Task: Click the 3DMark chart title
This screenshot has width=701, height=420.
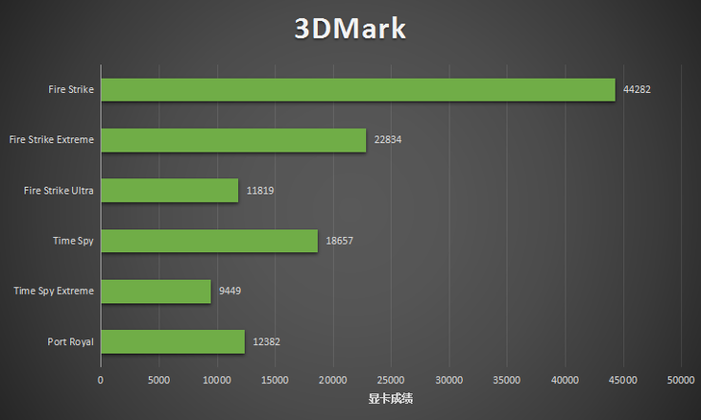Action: pyautogui.click(x=350, y=29)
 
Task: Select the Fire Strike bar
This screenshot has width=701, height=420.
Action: pyautogui.click(x=357, y=89)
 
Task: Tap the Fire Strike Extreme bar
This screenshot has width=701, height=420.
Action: pyautogui.click(x=233, y=140)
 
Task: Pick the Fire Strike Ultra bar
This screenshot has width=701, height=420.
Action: pyautogui.click(x=169, y=190)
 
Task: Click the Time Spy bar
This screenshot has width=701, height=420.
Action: pyautogui.click(x=209, y=241)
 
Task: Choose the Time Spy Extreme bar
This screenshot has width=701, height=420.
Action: pyautogui.click(x=156, y=291)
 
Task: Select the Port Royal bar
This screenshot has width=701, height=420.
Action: pyautogui.click(x=173, y=341)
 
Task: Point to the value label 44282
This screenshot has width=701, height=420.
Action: pyautogui.click(x=638, y=89)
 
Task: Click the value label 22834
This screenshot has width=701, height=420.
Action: pyautogui.click(x=388, y=140)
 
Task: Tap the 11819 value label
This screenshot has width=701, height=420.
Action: pyautogui.click(x=260, y=191)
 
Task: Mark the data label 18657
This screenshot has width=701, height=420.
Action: pyautogui.click(x=340, y=241)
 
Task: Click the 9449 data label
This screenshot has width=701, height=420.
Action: pyautogui.click(x=230, y=292)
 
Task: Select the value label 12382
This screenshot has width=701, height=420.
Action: pyautogui.click(x=266, y=341)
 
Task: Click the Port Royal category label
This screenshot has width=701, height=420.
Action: pyautogui.click(x=70, y=341)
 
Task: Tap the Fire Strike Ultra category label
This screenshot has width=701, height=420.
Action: pyautogui.click(x=59, y=191)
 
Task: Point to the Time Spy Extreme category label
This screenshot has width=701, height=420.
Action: pyautogui.click(x=54, y=291)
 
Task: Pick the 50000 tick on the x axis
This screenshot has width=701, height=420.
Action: pyautogui.click(x=681, y=381)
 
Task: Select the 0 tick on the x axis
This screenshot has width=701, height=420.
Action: pyautogui.click(x=101, y=381)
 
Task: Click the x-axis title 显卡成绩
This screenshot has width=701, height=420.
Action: pyautogui.click(x=391, y=398)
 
